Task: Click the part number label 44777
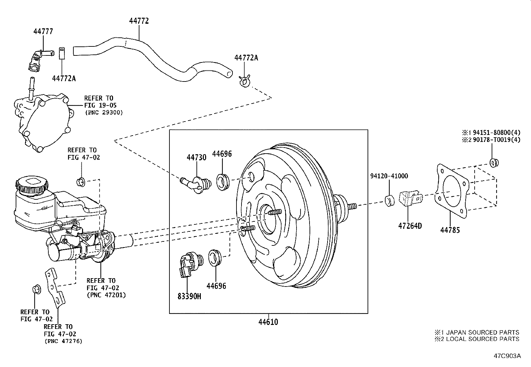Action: pos(43,31)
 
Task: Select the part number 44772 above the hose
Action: pos(139,21)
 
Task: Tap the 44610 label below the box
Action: pos(268,322)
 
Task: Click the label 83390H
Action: pos(189,296)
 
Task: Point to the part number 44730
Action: pos(196,157)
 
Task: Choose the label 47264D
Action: pos(410,226)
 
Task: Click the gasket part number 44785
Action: pos(450,230)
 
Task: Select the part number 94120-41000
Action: pos(389,176)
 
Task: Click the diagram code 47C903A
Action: pos(507,356)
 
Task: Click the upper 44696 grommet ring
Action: pos(222,182)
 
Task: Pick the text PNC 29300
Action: pos(103,113)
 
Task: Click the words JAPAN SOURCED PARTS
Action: pos(482,332)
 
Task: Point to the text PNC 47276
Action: pos(63,341)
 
